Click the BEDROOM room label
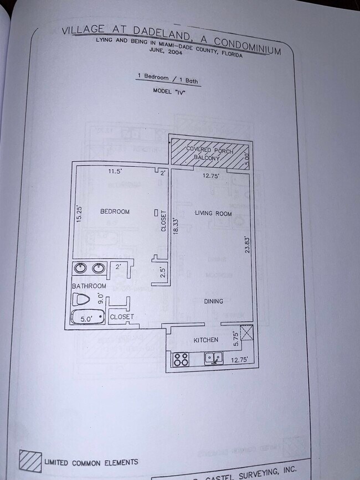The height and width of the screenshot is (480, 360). coord(115,211)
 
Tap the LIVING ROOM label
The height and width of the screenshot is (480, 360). coord(213,213)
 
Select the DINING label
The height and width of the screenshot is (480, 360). coord(213,301)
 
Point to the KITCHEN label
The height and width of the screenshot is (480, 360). coord(205,339)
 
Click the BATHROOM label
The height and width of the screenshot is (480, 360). coord(89,286)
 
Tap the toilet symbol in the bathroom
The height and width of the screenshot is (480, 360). coord(82,301)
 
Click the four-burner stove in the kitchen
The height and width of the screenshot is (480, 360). coord(181,359)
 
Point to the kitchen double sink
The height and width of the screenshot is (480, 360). coord(214,358)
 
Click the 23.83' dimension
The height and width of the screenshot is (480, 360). coord(248,244)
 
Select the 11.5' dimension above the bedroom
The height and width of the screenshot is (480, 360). coord(115,172)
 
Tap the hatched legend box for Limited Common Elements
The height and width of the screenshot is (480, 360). coord(30,461)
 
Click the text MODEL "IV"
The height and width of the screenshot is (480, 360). coord(168,91)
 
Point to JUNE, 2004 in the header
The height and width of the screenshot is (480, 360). coord(164,49)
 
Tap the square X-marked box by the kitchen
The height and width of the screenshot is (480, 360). coord(246,333)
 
